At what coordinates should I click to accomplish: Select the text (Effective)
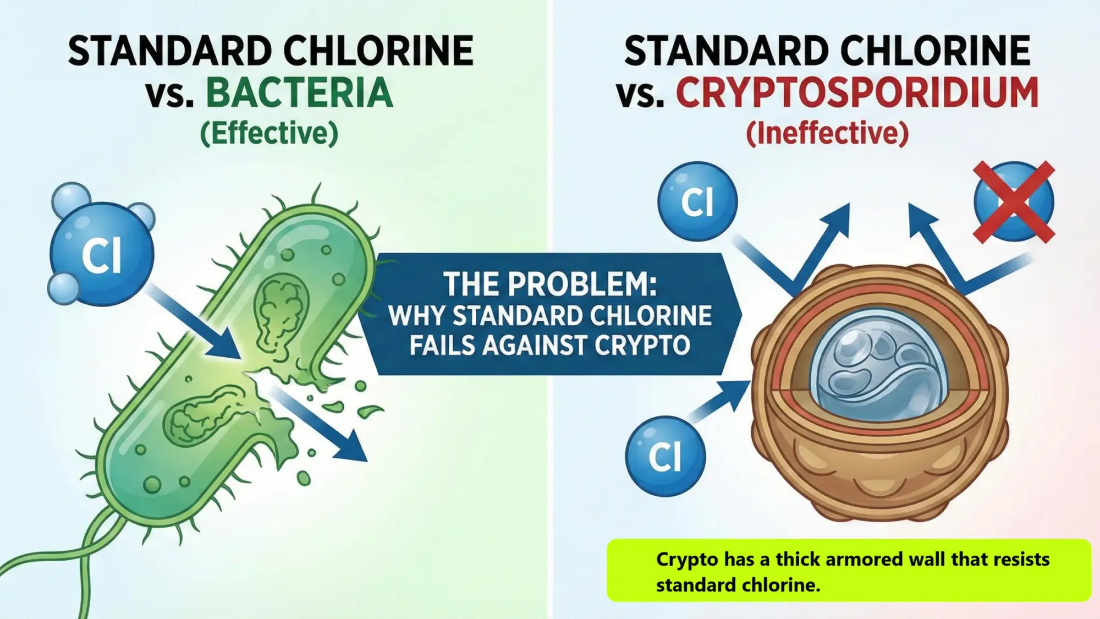point(269,133)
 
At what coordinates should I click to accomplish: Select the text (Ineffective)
point(827,133)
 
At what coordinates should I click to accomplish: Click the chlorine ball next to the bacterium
point(102,254)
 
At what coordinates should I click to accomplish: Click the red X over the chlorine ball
point(1014,201)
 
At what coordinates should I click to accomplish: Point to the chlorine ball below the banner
point(665,456)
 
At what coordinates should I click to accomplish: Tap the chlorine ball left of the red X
point(697,201)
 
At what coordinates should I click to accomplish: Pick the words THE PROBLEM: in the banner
point(550,284)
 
